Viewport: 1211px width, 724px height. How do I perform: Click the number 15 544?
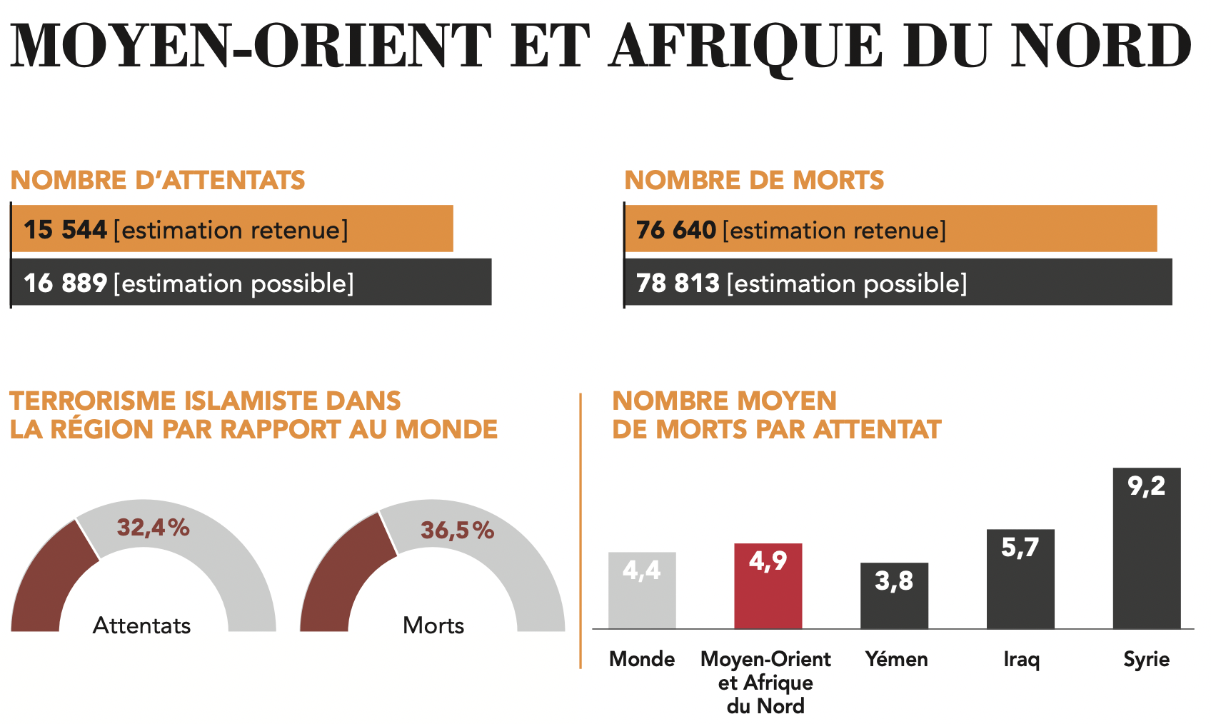65,230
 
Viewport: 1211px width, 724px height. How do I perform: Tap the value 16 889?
65,283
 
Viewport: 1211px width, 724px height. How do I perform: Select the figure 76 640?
675,230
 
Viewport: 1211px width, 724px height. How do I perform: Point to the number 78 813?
677,283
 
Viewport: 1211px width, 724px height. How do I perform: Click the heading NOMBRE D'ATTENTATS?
158,180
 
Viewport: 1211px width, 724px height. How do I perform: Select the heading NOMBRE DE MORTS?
754,180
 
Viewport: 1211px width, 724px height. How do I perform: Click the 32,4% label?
154,528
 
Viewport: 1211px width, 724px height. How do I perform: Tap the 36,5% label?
457,531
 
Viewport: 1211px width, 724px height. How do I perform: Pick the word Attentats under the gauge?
142,625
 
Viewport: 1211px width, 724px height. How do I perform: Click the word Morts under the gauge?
433,625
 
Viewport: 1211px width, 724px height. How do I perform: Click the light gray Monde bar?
642,600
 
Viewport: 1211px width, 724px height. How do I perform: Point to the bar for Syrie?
1146,557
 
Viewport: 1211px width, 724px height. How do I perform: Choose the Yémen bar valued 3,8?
894,603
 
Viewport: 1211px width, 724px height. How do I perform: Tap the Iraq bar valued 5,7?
1020,585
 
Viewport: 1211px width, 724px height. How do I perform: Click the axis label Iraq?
1021,659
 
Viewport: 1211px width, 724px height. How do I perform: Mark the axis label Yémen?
896,659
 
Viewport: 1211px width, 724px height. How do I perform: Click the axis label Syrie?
1146,659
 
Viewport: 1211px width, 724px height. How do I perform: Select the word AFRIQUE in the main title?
747,47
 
